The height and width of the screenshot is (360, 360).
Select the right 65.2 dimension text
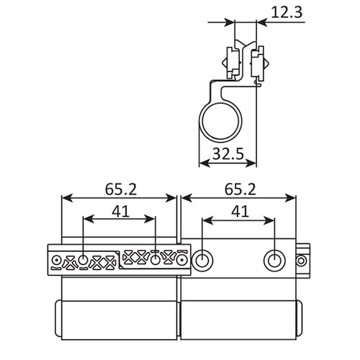pos(238,190)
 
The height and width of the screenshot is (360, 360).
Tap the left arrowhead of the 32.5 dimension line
pos(202,163)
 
